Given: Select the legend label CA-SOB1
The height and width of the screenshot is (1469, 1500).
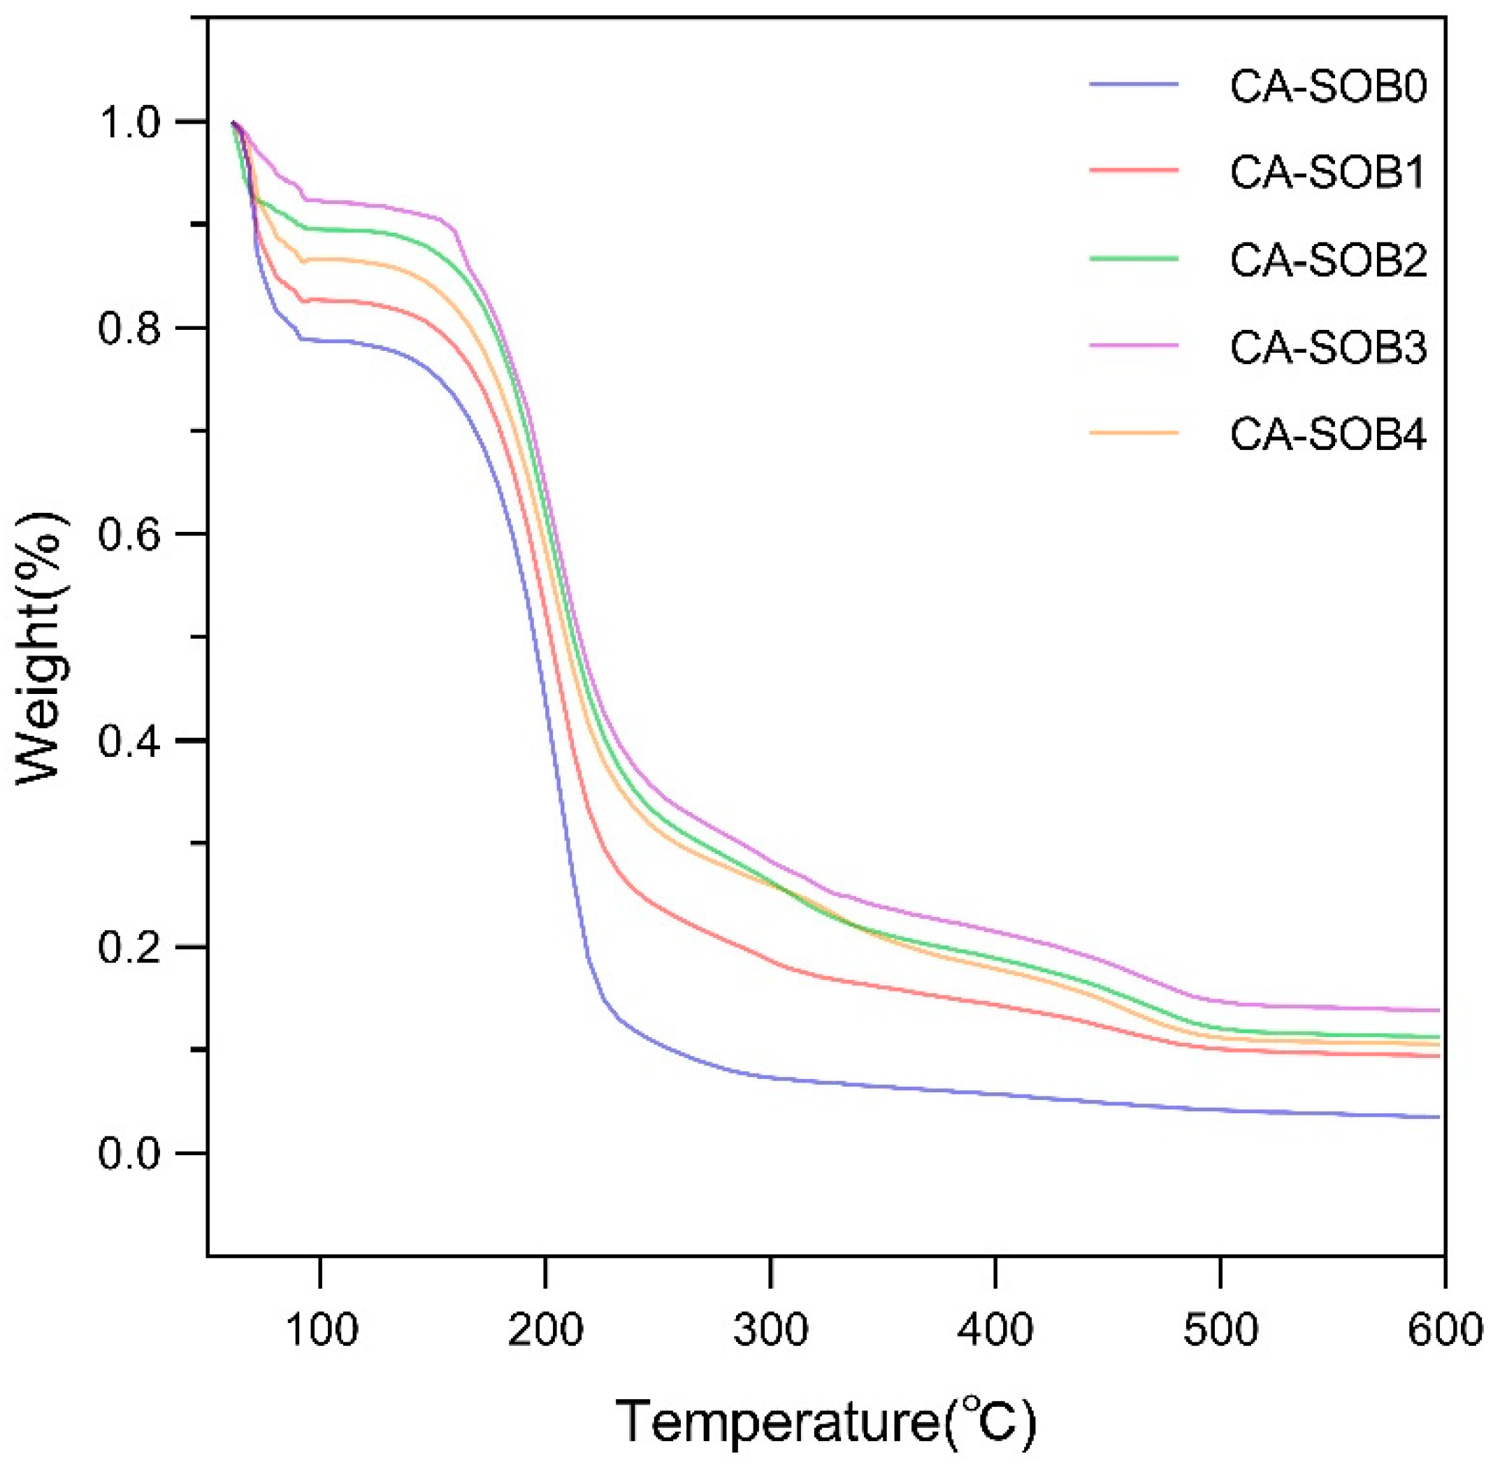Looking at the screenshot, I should (x=1328, y=173).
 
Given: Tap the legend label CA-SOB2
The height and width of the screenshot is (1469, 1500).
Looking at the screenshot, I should (x=1328, y=260).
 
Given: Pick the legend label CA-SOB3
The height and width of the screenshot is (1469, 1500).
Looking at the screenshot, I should (x=1328, y=347).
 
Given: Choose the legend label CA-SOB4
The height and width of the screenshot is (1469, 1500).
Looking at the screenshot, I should (x=1328, y=435).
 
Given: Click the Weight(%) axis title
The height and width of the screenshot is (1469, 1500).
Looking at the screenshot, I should (x=43, y=648).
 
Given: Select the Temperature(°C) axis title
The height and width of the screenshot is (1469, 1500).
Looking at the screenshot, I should (x=825, y=1420).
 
